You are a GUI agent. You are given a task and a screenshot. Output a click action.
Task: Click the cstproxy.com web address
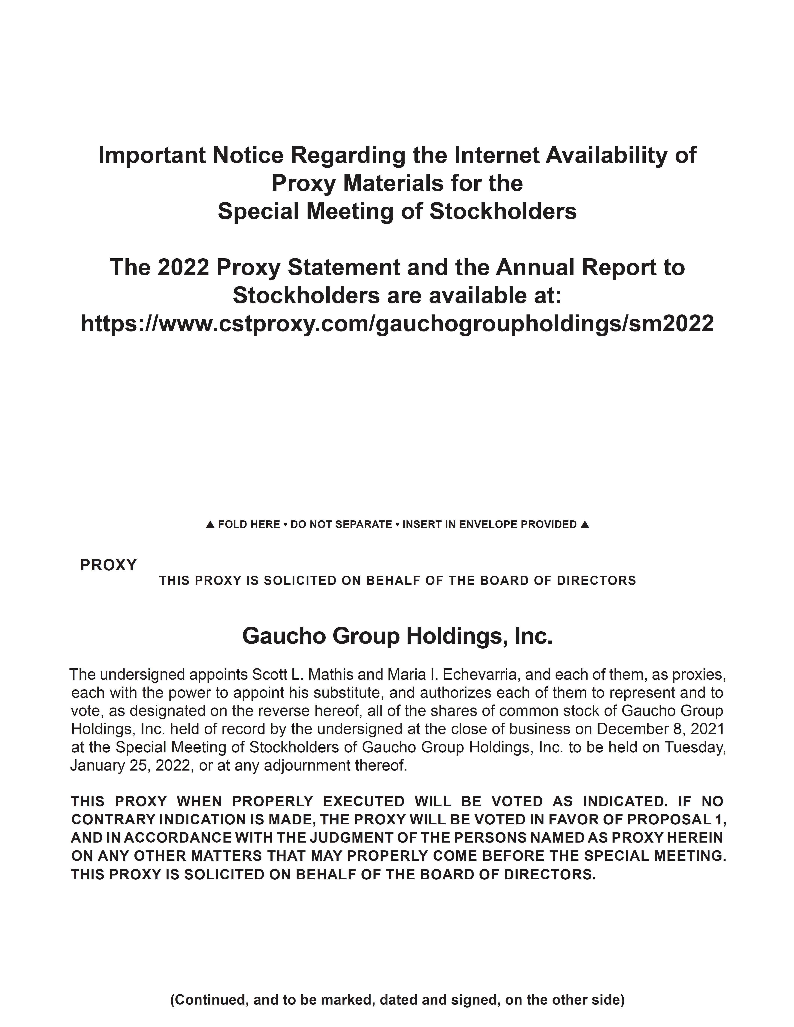point(397,323)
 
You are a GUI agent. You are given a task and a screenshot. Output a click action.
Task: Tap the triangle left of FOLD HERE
point(210,524)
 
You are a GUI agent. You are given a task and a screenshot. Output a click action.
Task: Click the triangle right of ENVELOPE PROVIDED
point(584,524)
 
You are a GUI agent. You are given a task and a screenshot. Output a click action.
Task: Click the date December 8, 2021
point(660,729)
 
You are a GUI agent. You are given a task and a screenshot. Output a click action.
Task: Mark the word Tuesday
point(695,747)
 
